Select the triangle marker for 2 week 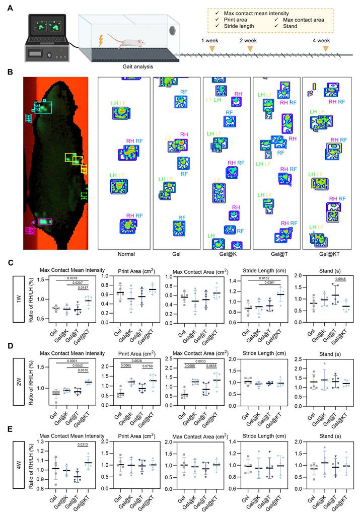[250, 48]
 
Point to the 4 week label [321, 40]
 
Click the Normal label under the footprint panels [124, 255]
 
